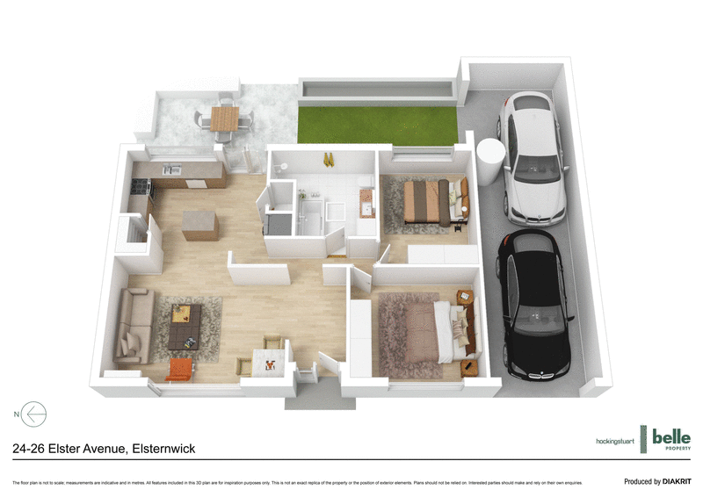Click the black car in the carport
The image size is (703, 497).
click(531, 306)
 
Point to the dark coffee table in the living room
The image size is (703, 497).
click(184, 324)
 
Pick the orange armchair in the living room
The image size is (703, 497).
click(178, 369)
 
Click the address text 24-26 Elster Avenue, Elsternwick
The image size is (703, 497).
click(104, 449)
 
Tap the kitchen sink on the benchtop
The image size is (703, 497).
click(171, 169)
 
